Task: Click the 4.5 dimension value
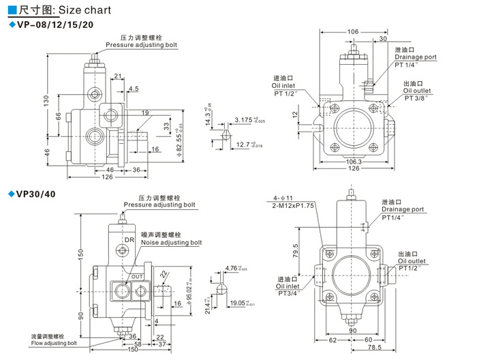133,89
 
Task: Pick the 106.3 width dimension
353,162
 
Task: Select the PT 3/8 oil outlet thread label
416,98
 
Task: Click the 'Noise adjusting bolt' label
171,242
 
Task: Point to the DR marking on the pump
129,240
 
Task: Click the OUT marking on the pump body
137,276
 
